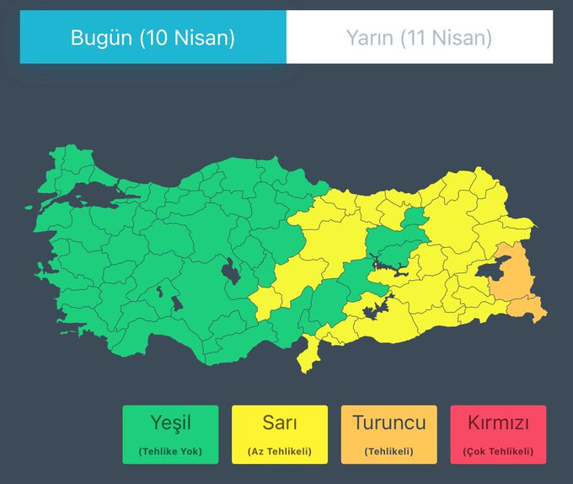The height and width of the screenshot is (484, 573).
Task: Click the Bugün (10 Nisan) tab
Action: point(153,37)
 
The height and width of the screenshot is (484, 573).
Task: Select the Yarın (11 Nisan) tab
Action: point(419,37)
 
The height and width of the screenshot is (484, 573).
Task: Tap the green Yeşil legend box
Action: point(170,434)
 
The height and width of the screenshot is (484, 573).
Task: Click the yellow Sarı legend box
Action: point(280,434)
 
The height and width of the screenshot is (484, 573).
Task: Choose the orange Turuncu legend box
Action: point(388,434)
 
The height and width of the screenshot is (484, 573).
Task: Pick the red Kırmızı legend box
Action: point(498,434)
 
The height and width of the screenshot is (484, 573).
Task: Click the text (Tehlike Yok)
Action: point(170,451)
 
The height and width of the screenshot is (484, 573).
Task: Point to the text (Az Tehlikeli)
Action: point(280,451)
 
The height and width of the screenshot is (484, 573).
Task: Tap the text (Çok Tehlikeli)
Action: point(498,451)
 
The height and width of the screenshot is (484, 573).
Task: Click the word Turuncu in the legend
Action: point(388,422)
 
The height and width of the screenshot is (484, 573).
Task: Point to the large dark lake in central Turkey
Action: point(228,272)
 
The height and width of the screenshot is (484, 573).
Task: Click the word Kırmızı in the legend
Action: point(498,422)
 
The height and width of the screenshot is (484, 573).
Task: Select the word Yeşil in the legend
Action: point(170,422)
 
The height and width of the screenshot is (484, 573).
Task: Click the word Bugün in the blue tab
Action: point(99,38)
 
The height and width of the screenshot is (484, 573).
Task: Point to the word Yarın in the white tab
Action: point(368,38)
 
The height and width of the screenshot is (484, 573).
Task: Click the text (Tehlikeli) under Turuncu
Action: point(388,451)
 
